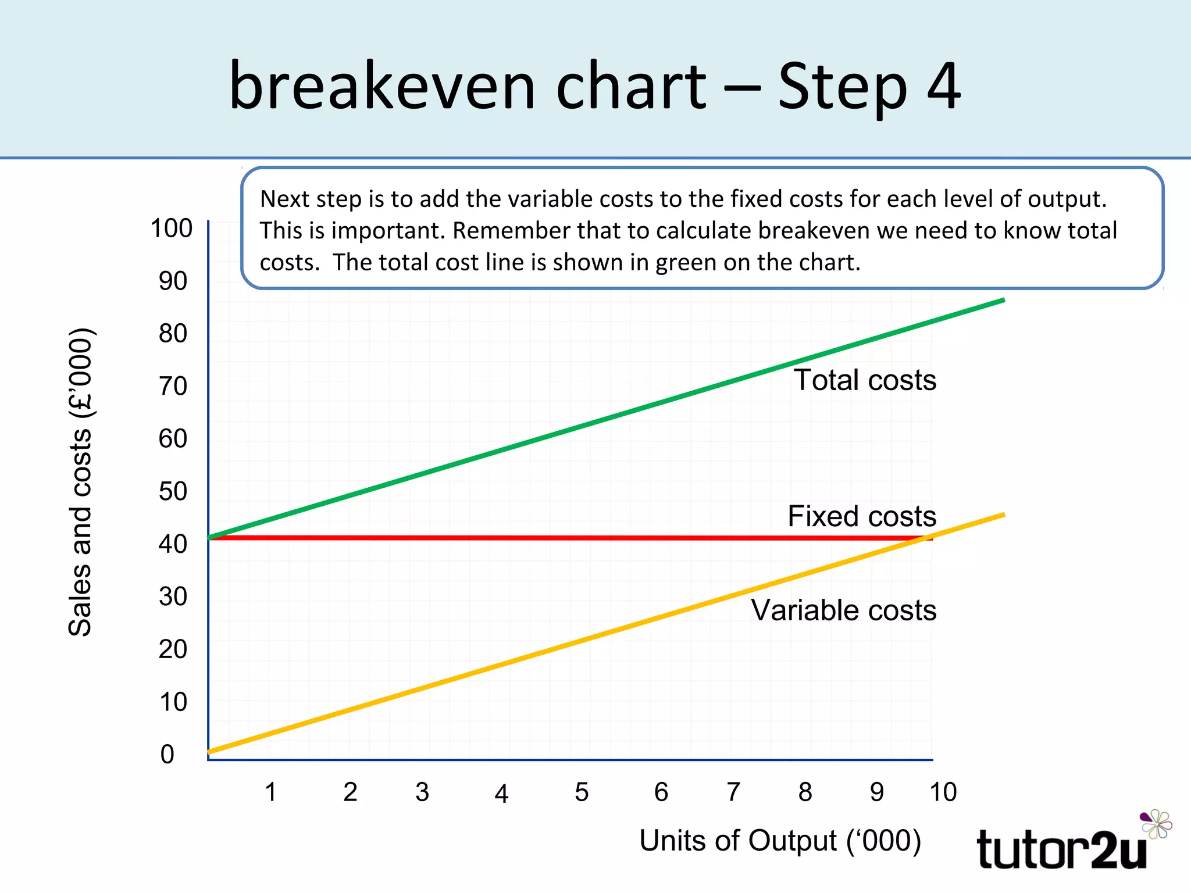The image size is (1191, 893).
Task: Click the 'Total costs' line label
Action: [865, 380]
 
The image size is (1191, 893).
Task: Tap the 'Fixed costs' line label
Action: [861, 516]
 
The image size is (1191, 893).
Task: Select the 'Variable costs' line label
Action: [843, 610]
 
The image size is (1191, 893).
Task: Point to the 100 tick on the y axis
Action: [171, 228]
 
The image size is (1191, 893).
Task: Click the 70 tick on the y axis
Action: [173, 386]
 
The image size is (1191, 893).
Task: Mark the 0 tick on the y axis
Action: [167, 755]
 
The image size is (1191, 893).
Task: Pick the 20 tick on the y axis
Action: [173, 649]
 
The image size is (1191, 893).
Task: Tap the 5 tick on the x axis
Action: [582, 792]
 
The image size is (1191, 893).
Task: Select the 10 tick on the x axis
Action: [943, 792]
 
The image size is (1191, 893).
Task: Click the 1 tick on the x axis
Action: [270, 792]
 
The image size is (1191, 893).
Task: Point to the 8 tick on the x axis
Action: [805, 792]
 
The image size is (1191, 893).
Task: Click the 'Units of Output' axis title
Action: [780, 841]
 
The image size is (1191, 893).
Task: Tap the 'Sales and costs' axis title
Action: [81, 483]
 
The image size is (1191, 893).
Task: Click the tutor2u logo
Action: [1070, 843]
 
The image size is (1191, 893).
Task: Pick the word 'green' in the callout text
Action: [686, 263]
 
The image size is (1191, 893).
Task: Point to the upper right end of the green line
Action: [1003, 300]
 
